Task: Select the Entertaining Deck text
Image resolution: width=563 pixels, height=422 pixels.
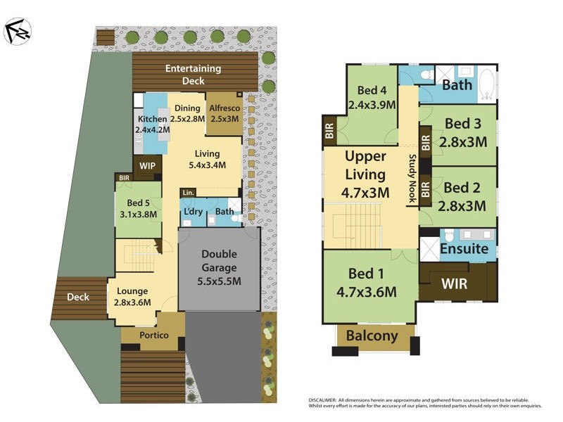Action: pyautogui.click(x=193, y=75)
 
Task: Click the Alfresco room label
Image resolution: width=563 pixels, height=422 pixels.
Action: pyautogui.click(x=224, y=113)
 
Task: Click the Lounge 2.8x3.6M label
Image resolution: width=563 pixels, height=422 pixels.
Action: pyautogui.click(x=133, y=297)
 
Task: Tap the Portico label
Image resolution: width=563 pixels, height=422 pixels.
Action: pyautogui.click(x=153, y=335)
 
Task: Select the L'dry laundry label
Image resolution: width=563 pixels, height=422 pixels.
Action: pyautogui.click(x=191, y=211)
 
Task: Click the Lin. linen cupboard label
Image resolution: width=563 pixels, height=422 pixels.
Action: pyautogui.click(x=187, y=193)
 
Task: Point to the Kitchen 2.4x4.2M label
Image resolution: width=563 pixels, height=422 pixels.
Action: pyautogui.click(x=153, y=124)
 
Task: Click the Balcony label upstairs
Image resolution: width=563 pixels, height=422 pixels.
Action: pyautogui.click(x=371, y=336)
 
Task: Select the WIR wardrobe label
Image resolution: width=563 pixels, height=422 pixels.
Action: pyautogui.click(x=454, y=284)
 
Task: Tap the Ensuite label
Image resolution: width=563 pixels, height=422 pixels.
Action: pyautogui.click(x=464, y=249)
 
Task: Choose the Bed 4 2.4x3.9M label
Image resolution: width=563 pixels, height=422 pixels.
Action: pyautogui.click(x=371, y=97)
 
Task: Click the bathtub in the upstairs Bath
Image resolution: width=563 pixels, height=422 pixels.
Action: pyautogui.click(x=486, y=84)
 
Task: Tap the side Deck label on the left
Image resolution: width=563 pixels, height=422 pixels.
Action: pyautogui.click(x=78, y=297)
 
